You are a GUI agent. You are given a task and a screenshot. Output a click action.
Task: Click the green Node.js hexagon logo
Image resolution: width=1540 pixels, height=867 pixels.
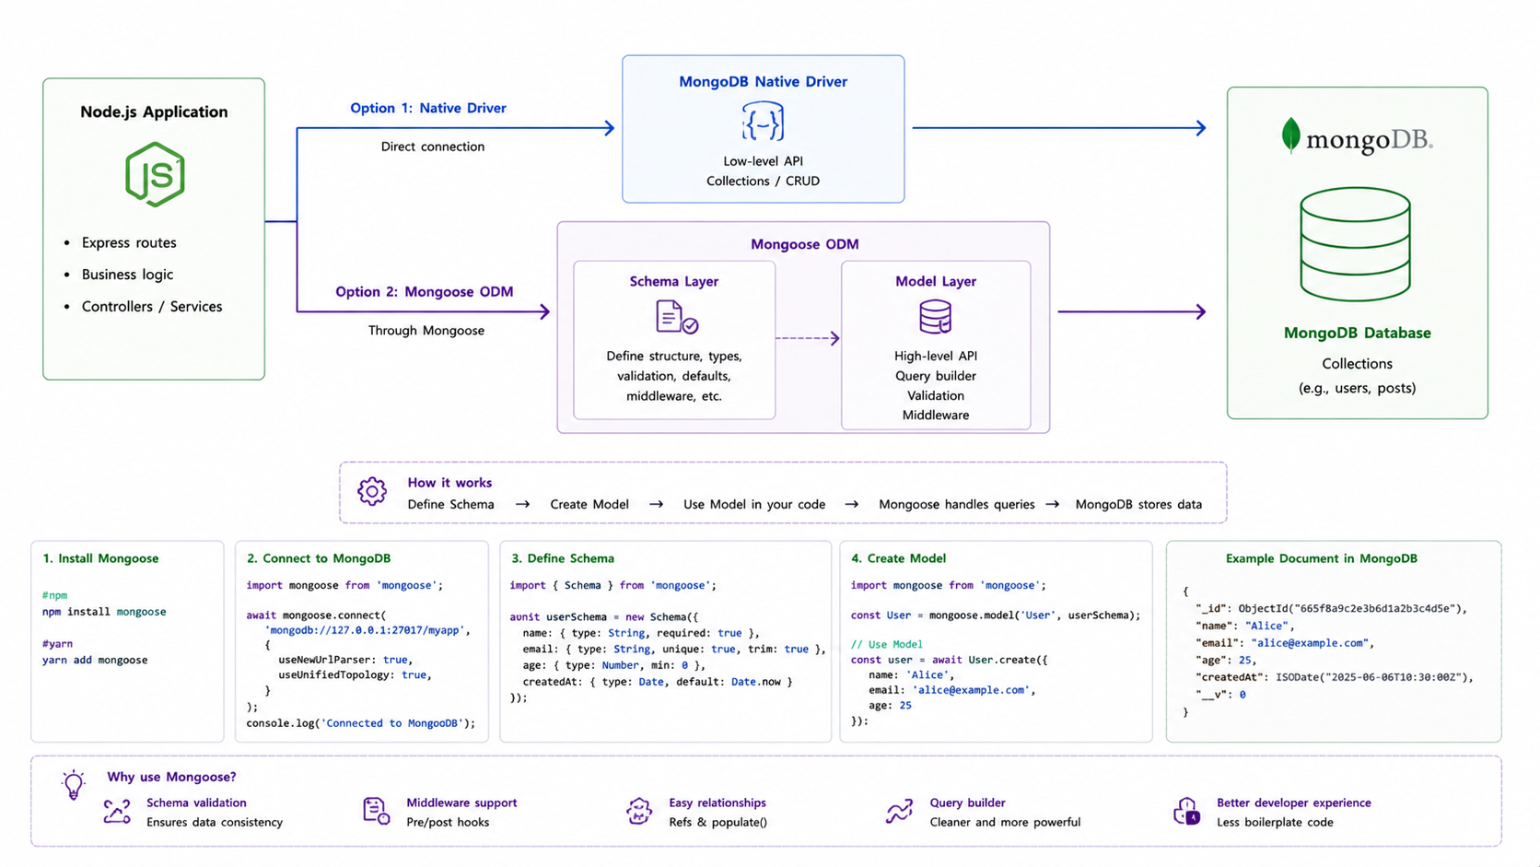(155, 174)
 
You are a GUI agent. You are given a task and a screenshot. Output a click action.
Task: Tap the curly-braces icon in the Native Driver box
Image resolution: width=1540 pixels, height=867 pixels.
(763, 122)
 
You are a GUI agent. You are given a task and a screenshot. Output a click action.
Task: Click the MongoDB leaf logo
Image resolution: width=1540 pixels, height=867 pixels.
(1290, 135)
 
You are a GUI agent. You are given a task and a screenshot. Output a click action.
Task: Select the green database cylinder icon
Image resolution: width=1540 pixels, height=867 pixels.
(1355, 244)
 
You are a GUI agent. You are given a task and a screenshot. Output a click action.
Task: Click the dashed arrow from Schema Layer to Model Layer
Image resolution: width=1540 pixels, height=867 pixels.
(807, 338)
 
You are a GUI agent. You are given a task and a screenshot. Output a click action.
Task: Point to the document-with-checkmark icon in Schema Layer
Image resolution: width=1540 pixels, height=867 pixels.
(676, 317)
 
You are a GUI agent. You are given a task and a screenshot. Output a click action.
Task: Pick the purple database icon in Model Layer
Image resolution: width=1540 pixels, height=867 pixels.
(935, 316)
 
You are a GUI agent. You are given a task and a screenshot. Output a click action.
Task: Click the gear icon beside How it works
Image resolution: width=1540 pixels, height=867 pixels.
(372, 492)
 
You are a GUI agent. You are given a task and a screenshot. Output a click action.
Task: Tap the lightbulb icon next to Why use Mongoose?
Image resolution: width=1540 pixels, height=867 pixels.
(73, 784)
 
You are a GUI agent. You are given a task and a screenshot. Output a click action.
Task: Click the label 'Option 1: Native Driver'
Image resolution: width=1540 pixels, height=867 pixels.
(427, 108)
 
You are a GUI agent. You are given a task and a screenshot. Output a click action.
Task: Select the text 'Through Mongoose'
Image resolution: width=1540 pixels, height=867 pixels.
(426, 331)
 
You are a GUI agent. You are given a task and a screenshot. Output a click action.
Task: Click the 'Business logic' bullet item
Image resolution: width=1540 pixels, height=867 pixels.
(127, 275)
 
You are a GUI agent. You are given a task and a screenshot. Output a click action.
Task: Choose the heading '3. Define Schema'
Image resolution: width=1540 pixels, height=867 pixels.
(563, 558)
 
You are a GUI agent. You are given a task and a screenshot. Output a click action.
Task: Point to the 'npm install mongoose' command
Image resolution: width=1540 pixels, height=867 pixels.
(104, 611)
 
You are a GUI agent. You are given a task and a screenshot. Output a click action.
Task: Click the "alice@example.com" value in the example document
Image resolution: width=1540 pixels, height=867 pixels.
(1310, 643)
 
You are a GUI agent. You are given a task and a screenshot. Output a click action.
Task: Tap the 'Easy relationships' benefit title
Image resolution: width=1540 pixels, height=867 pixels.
(717, 803)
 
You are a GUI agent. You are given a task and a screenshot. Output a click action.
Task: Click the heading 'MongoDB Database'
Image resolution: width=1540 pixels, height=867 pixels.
(1357, 333)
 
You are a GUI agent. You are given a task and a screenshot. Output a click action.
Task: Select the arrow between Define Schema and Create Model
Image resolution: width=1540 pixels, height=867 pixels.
(522, 505)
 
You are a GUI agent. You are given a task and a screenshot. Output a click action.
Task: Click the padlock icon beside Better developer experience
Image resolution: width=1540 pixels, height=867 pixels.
(1186, 812)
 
